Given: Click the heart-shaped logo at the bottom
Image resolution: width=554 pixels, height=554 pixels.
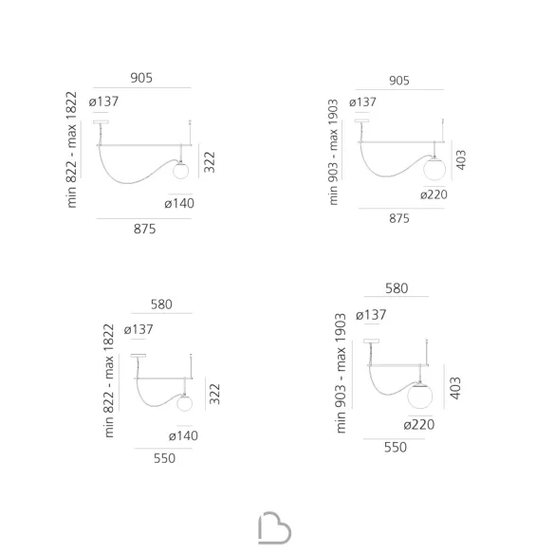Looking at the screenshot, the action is (x=274, y=528).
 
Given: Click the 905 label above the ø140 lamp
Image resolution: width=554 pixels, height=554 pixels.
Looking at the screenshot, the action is (x=141, y=78).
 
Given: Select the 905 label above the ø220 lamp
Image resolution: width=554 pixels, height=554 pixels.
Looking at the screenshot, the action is (x=399, y=81).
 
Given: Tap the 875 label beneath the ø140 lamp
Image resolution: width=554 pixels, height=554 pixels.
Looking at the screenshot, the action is (x=144, y=229).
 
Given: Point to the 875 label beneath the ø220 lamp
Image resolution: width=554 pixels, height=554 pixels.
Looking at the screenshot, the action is (x=399, y=218).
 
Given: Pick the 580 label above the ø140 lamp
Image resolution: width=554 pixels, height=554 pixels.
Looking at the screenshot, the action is (x=161, y=305).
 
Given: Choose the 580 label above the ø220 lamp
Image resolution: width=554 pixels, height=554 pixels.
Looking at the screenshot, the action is (x=397, y=288).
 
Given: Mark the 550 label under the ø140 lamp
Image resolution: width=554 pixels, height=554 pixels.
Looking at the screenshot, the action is (x=164, y=458).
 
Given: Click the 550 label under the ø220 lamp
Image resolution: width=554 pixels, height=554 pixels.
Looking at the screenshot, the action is (x=396, y=448).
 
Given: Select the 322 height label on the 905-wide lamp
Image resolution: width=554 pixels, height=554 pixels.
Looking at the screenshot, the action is (x=210, y=162).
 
